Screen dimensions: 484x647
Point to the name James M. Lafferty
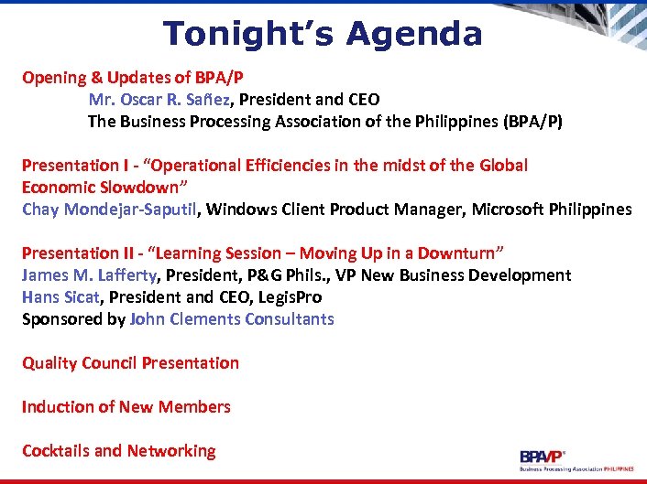91,275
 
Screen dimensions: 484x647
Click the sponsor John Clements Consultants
232,319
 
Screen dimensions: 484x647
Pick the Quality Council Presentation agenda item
130,363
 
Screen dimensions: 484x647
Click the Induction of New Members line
126,407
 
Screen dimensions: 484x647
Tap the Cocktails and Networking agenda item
118,451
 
